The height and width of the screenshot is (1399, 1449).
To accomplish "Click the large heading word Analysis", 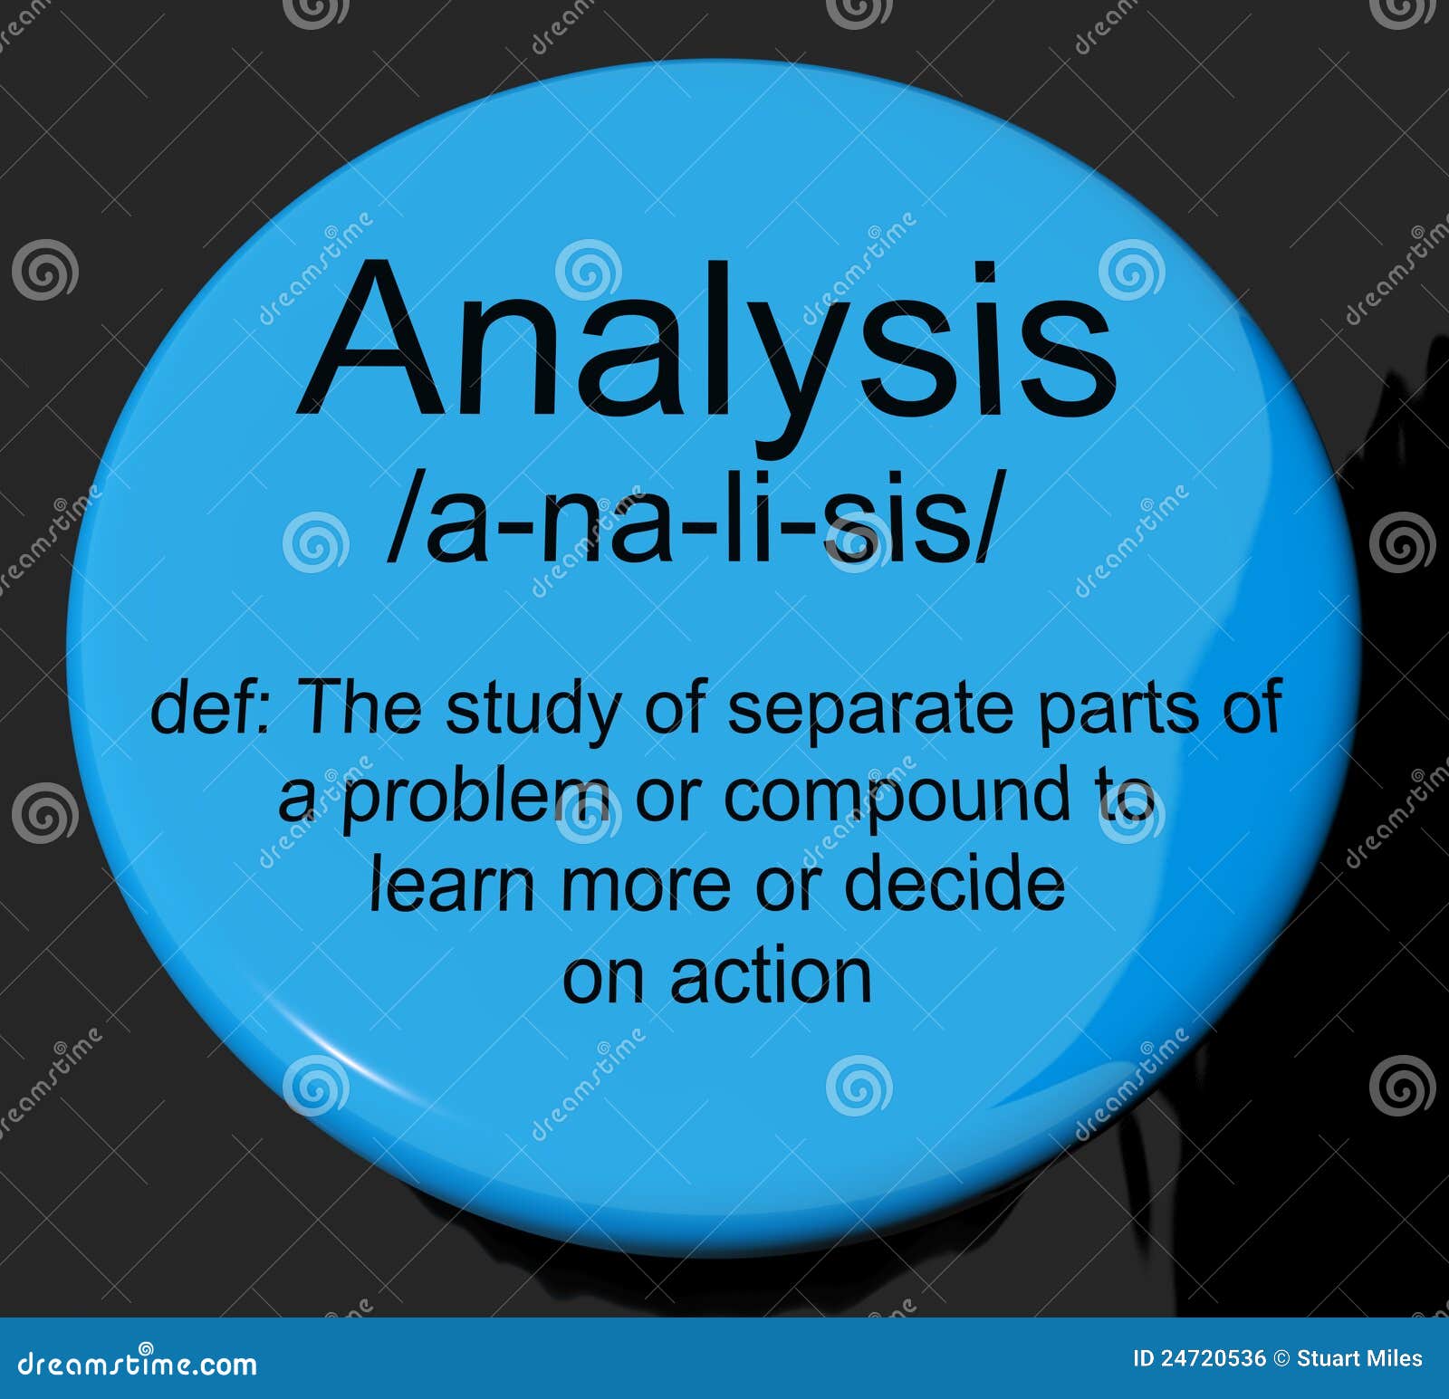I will click(x=707, y=344).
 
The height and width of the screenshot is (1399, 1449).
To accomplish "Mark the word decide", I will click(x=954, y=886).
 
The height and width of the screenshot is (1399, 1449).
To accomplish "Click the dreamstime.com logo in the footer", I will click(x=137, y=1362).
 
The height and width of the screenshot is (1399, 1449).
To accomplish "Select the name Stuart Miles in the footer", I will click(x=1359, y=1358).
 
